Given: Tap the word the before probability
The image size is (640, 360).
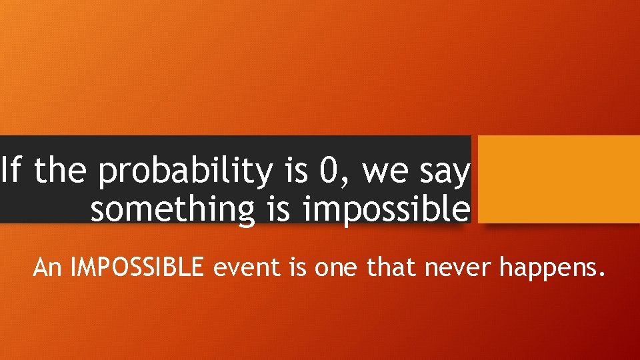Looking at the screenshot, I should [60, 171].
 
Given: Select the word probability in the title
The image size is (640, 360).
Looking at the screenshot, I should [184, 173].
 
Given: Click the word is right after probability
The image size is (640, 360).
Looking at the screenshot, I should [295, 171].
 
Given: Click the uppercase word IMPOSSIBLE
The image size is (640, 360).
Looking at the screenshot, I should [141, 268].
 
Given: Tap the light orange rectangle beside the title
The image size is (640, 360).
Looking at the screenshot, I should [559, 179].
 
